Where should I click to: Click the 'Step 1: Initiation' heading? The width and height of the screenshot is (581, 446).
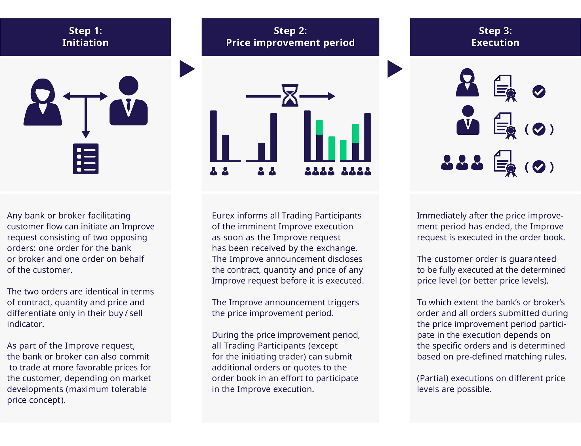pyautogui.click(x=85, y=37)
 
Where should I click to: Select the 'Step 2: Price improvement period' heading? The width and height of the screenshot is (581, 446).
pyautogui.click(x=290, y=37)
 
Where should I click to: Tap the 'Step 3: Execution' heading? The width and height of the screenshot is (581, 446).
pyautogui.click(x=495, y=37)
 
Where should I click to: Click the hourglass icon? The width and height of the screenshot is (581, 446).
pyautogui.click(x=290, y=95)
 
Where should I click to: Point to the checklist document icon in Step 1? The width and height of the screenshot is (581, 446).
pyautogui.click(x=86, y=159)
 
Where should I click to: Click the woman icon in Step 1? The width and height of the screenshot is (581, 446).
pyautogui.click(x=43, y=102)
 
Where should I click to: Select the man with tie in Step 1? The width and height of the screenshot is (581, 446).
pyautogui.click(x=129, y=101)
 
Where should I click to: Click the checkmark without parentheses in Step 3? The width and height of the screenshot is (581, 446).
pyautogui.click(x=539, y=92)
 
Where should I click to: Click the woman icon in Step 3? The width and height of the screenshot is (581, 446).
pyautogui.click(x=467, y=83)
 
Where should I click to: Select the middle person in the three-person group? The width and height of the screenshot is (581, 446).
pyautogui.click(x=462, y=162)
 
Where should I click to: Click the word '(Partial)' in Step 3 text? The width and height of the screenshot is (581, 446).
pyautogui.click(x=433, y=378)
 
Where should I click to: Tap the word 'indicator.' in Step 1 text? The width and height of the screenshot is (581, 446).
pyautogui.click(x=26, y=324)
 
